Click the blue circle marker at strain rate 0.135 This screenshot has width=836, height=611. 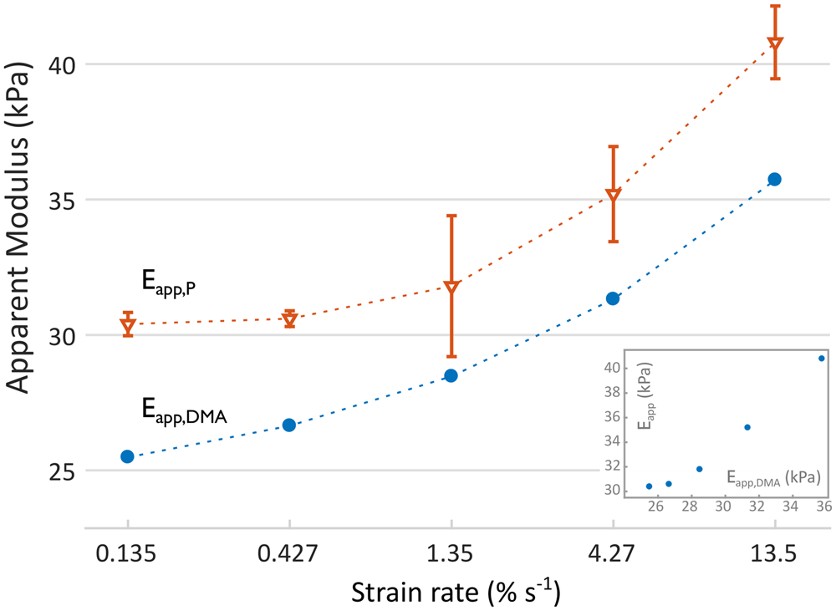click(x=127, y=456)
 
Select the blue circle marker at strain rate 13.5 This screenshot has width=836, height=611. click(x=774, y=179)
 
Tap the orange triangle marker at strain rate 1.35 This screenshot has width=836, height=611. click(x=451, y=288)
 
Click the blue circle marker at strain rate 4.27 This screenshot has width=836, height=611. click(x=613, y=298)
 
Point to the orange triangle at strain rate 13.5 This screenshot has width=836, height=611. click(x=775, y=43)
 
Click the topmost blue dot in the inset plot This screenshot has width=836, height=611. click(x=821, y=358)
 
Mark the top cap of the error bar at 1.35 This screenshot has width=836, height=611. click(x=451, y=216)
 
